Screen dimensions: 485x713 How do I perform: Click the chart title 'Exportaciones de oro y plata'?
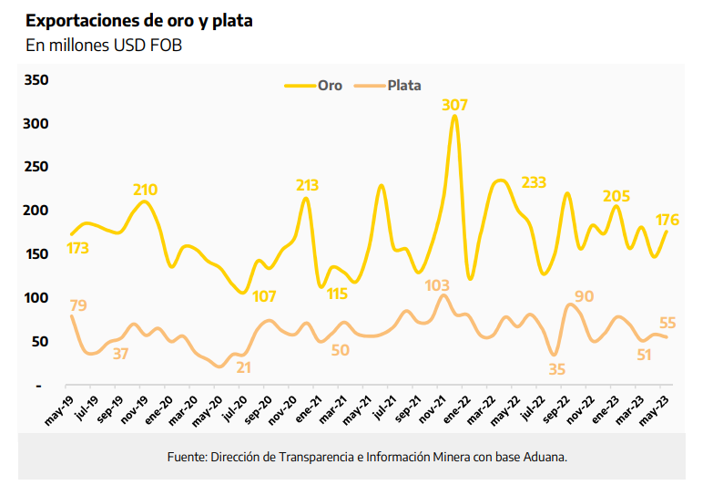(139, 21)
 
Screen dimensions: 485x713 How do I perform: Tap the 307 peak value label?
(455, 105)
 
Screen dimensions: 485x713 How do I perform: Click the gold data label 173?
(77, 248)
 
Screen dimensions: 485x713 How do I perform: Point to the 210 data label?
(145, 191)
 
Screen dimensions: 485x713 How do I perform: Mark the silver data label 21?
(243, 368)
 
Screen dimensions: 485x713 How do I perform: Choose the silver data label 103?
(438, 287)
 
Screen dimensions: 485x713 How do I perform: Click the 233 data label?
(534, 182)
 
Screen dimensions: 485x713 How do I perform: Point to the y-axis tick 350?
(36, 80)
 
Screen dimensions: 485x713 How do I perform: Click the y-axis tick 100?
(36, 298)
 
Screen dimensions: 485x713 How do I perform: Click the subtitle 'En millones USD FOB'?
(104, 46)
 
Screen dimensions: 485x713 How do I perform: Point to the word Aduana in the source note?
(542, 456)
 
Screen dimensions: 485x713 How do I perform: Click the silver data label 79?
(78, 305)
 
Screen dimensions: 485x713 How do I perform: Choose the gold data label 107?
(264, 296)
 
